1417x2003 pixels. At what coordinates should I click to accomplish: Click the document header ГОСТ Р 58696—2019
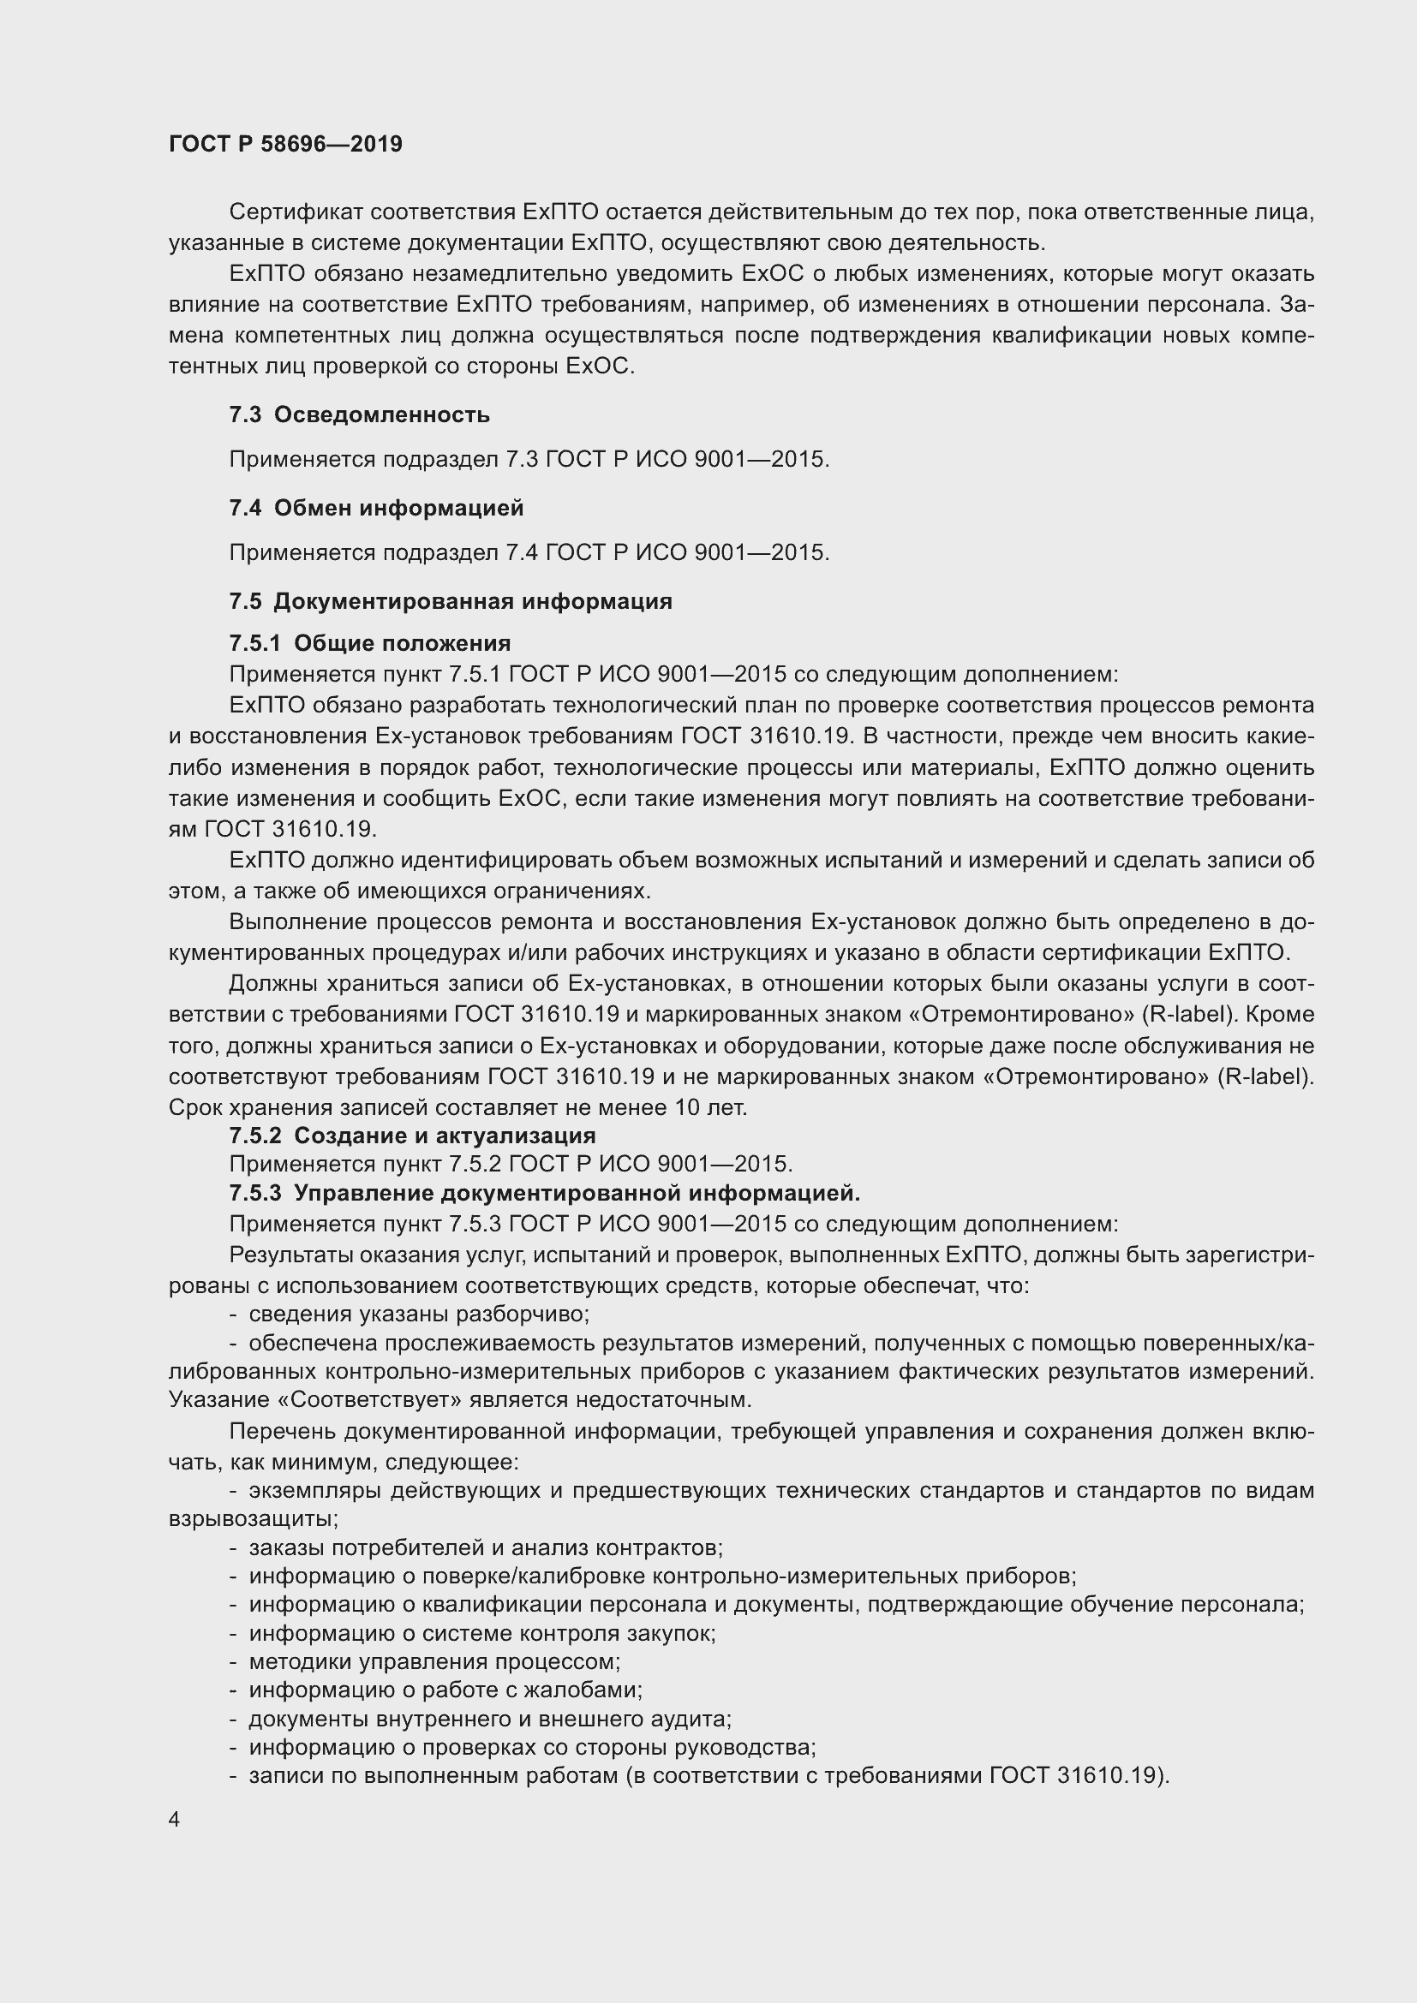[x=285, y=144]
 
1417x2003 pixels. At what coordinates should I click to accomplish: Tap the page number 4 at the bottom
[x=175, y=1819]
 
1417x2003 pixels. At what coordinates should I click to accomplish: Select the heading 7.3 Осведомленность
[x=359, y=415]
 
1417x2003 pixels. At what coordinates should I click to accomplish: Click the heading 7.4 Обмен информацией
[x=376, y=508]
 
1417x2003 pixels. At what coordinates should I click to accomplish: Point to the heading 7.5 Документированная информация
[x=451, y=601]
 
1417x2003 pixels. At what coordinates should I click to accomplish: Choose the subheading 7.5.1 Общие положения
[x=370, y=643]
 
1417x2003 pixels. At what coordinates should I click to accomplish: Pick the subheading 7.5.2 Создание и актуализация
[x=412, y=1135]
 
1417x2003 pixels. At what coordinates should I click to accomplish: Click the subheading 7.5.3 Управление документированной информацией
[x=545, y=1193]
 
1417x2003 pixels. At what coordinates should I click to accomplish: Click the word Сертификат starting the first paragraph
[x=296, y=212]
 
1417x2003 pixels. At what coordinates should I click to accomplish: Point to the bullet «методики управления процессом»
[x=433, y=1662]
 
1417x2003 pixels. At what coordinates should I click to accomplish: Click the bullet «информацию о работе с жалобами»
[x=445, y=1690]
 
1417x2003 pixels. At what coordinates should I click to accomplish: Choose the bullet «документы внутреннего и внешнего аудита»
[x=489, y=1719]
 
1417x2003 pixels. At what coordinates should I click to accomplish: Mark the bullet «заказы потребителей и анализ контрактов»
[x=485, y=1547]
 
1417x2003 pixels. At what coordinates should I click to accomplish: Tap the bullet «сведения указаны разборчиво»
[x=419, y=1314]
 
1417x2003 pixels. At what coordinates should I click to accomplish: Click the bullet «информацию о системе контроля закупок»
[x=481, y=1633]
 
